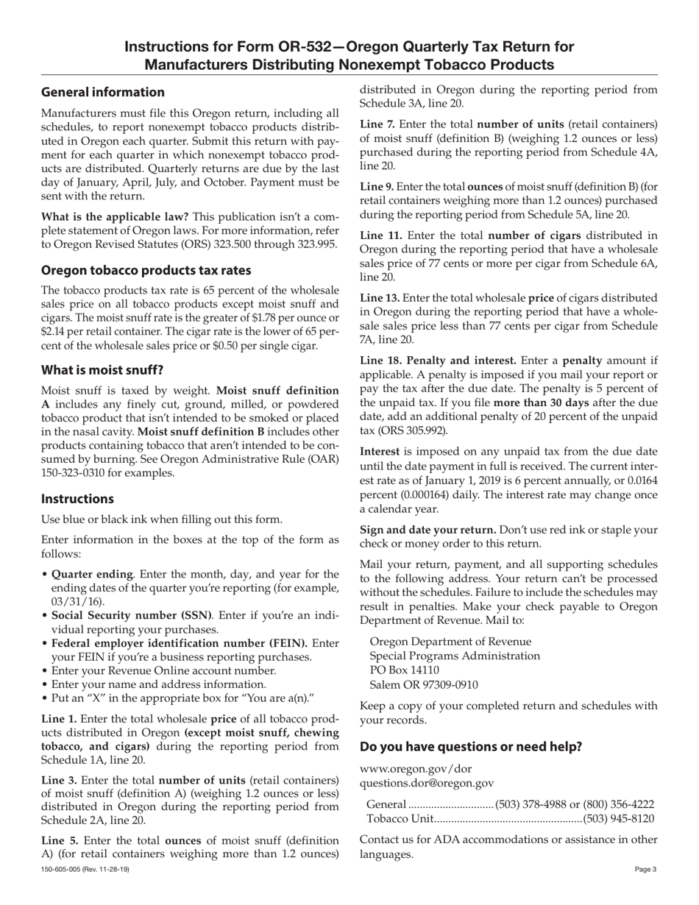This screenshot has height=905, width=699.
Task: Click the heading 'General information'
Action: click(103, 92)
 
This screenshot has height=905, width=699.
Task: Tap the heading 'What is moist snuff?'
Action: click(102, 369)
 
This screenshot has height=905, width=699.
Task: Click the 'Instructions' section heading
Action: click(77, 499)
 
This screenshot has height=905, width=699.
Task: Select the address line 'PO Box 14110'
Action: click(404, 670)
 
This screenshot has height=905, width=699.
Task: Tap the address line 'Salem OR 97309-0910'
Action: click(423, 684)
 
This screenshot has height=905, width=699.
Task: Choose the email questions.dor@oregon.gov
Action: click(427, 783)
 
